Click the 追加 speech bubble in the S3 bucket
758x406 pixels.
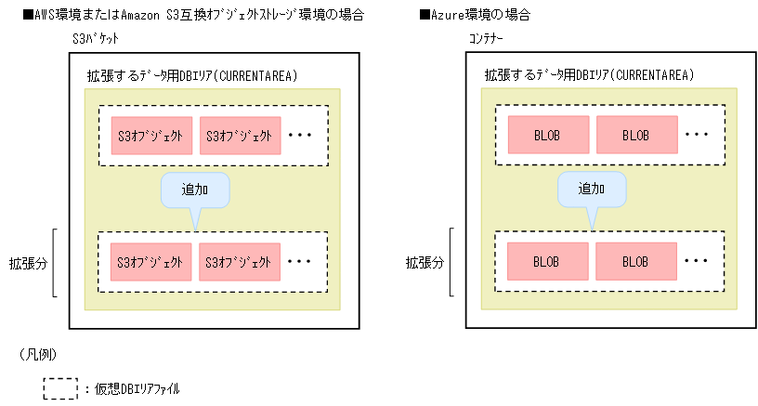195,190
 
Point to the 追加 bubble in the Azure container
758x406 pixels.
592,190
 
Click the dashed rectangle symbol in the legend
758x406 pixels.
60,387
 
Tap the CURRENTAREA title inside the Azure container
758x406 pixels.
590,75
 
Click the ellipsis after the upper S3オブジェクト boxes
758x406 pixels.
300,136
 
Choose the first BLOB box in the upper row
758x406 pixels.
548,136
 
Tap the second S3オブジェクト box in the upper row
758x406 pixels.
240,136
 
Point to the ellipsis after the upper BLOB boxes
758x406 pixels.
697,136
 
